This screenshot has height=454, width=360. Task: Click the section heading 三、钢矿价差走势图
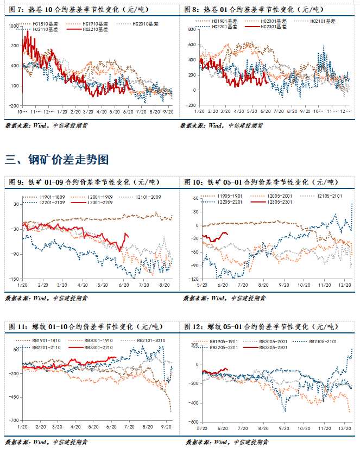click(x=57, y=160)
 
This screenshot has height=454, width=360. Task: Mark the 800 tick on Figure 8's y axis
click(x=191, y=29)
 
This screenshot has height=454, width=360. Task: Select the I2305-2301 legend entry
click(x=279, y=202)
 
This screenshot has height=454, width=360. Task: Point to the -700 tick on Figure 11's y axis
click(x=13, y=420)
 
